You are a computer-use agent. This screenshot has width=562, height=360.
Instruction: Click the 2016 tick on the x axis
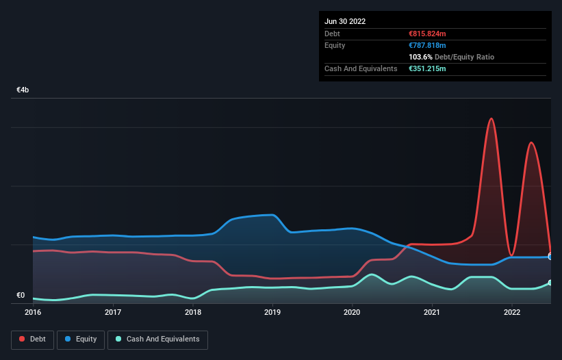33,313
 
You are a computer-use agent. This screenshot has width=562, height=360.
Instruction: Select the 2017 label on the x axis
113,313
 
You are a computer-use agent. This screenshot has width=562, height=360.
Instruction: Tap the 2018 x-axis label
193,313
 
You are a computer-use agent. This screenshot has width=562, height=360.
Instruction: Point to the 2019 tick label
272,313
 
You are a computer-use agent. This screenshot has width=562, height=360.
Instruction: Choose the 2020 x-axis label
352,313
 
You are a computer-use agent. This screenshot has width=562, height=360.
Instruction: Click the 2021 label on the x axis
432,313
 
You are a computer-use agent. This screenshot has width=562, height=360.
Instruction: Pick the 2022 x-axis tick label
512,313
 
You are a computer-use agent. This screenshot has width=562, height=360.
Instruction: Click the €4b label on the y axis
23,90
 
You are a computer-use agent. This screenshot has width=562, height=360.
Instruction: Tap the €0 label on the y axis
21,296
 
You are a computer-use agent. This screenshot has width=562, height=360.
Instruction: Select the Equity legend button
81,339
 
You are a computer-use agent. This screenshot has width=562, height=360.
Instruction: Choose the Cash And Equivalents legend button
157,339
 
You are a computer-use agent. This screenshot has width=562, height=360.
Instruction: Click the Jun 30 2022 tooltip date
345,21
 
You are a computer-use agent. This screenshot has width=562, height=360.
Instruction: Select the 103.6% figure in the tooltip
420,57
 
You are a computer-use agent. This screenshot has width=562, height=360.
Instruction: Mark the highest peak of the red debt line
491,118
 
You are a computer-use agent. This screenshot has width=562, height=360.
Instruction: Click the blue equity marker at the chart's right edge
550,257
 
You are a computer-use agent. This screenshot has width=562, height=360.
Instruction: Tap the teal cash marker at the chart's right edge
550,283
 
